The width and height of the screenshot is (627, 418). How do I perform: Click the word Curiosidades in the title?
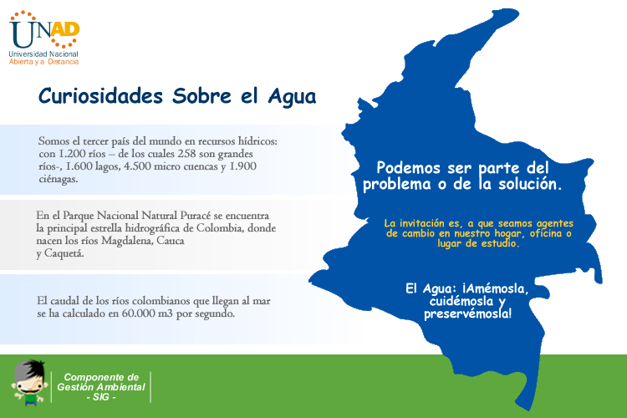101,96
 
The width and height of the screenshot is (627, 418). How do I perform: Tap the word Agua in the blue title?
292,97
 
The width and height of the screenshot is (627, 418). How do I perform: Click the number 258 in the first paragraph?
186,154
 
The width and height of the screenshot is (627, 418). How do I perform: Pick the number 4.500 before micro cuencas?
137,166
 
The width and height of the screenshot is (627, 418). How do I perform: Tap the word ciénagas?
59,179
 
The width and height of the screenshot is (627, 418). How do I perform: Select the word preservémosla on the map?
468,313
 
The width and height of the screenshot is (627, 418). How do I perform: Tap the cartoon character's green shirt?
30,399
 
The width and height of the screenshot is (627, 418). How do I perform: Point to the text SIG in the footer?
101,397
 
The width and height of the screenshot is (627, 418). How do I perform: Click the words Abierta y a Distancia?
44,62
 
